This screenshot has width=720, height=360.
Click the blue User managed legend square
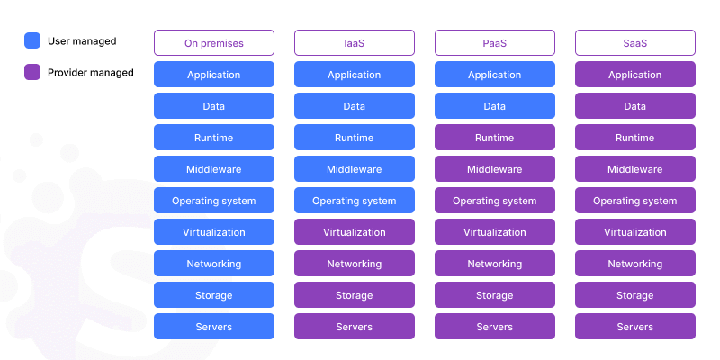[32, 40]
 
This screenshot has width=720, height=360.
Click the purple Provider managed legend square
[32, 72]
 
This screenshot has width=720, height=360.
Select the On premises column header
[214, 43]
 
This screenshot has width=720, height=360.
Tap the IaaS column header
[355, 43]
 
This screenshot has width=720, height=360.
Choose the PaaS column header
[495, 43]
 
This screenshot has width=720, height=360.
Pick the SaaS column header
[635, 43]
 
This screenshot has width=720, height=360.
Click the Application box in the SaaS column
[635, 75]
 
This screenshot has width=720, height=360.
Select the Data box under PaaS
[495, 106]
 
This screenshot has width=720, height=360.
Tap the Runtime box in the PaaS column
[495, 138]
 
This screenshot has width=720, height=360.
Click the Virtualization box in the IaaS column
[355, 232]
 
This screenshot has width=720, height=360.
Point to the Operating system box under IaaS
[355, 201]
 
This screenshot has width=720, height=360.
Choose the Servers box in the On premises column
[214, 327]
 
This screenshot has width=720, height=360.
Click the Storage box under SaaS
[635, 295]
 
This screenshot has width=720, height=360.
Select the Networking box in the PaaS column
[495, 264]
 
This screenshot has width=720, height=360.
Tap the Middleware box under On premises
[214, 169]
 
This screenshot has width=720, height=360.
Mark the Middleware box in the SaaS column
[635, 169]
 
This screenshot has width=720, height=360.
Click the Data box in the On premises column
[214, 106]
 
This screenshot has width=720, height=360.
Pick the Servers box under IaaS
[355, 327]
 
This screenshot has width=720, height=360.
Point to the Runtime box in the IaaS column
[355, 138]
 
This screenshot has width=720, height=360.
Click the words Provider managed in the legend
[91, 72]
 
